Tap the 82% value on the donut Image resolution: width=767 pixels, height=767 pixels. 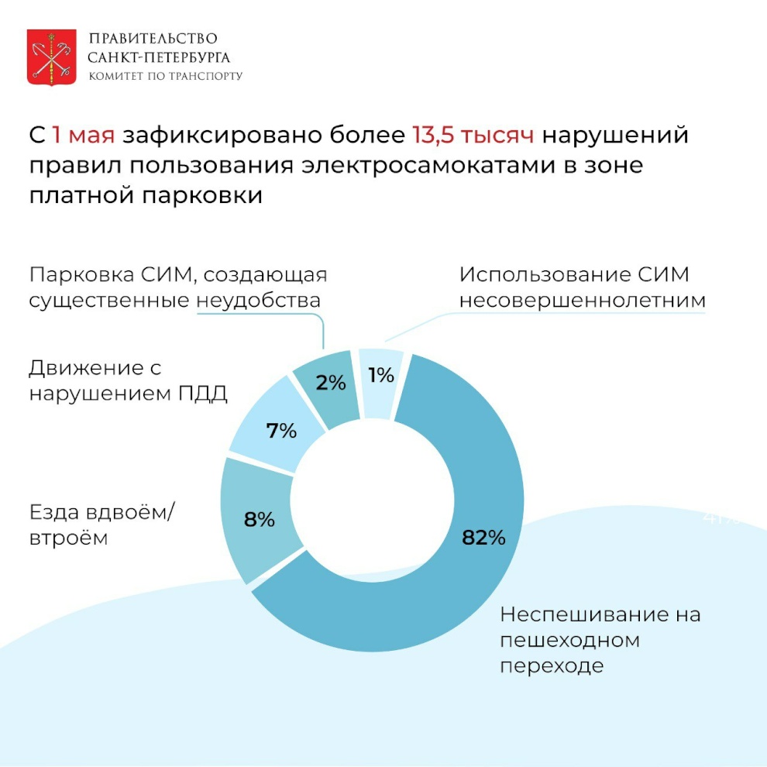click(x=483, y=537)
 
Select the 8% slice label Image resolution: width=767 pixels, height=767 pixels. click(x=260, y=520)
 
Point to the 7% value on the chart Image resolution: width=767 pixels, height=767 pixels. click(x=281, y=431)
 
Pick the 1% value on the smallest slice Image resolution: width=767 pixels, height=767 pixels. click(x=381, y=376)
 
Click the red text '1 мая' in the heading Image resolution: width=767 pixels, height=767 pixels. click(x=84, y=135)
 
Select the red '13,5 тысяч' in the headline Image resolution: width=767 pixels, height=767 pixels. click(x=473, y=135)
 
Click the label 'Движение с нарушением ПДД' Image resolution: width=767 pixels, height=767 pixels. click(x=128, y=380)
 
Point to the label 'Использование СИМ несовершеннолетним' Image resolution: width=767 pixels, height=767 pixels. click(x=582, y=287)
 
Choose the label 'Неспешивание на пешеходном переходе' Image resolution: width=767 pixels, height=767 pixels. click(x=600, y=640)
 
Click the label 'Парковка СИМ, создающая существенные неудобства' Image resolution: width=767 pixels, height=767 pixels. click(x=178, y=287)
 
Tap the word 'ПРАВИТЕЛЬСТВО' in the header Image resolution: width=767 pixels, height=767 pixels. click(x=153, y=39)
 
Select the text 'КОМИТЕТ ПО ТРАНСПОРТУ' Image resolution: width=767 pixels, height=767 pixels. click(x=166, y=76)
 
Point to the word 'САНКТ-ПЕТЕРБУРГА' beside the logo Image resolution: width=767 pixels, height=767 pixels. click(x=160, y=57)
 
